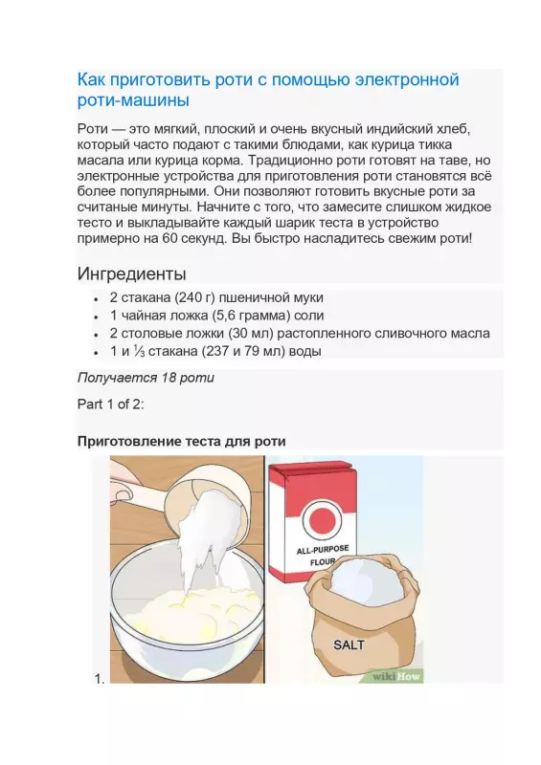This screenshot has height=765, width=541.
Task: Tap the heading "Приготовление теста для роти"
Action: (x=181, y=441)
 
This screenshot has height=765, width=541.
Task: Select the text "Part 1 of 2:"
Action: (x=110, y=404)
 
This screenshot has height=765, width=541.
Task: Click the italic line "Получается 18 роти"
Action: (x=146, y=378)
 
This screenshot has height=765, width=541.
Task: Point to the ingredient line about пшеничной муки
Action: (x=217, y=297)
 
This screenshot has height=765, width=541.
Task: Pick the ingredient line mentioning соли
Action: (x=216, y=316)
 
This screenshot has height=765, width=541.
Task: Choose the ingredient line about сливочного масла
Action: (x=299, y=334)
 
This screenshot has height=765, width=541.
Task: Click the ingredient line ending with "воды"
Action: (x=214, y=352)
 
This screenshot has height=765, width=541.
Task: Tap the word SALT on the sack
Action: (x=349, y=644)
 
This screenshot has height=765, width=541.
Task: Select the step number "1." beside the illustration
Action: (x=98, y=678)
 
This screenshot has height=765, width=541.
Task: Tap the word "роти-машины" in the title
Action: (x=134, y=99)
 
